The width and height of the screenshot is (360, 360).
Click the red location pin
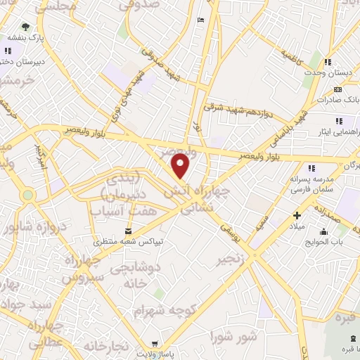[181, 166]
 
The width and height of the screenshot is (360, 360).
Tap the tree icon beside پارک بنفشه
[26, 26]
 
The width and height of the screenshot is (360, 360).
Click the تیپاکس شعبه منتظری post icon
[127, 231]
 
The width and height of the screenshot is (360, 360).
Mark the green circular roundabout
[28, 194]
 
